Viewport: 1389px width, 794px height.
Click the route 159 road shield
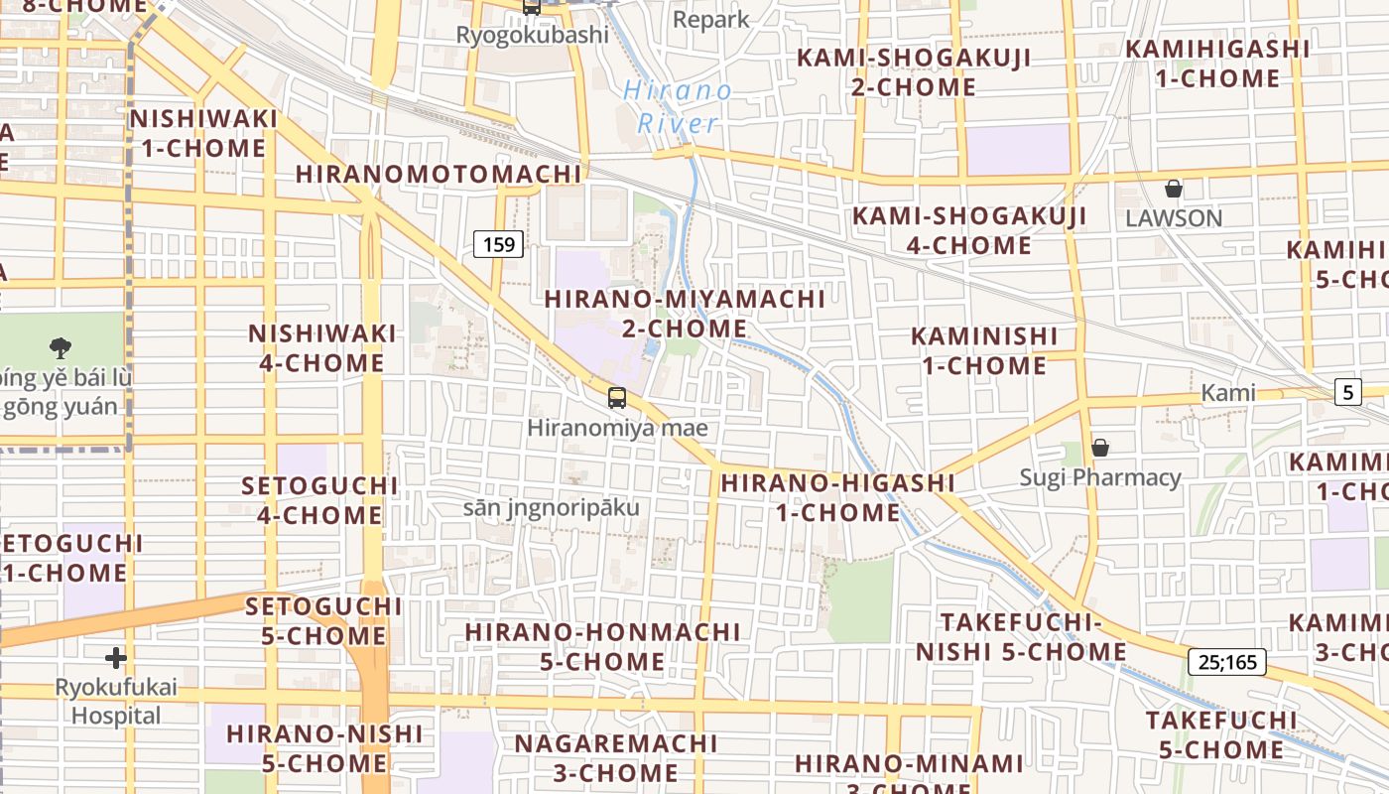point(498,244)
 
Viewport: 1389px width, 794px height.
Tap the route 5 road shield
point(1347,392)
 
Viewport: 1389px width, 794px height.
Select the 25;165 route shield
point(1226,661)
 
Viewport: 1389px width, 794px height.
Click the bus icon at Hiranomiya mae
point(617,398)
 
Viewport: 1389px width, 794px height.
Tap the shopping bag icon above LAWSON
point(1174,189)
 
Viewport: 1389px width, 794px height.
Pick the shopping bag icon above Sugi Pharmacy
point(1099,448)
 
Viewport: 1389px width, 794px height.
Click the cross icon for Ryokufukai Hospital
point(116,657)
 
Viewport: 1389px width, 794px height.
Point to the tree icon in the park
point(61,347)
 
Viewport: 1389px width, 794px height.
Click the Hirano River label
point(679,107)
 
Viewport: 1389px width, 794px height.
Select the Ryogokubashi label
point(532,35)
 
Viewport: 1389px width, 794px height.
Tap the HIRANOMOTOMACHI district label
point(439,174)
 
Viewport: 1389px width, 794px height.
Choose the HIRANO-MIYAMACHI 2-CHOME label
point(685,313)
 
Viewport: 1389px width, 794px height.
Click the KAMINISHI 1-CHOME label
point(984,350)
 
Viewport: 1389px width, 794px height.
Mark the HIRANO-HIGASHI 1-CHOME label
point(837,497)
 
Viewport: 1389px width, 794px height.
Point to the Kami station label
point(1228,392)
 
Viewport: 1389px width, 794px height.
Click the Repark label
point(711,19)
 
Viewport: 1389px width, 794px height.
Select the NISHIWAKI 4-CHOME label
point(322,347)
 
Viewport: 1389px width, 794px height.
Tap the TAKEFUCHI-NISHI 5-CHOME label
point(1021,636)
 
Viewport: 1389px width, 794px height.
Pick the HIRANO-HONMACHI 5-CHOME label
point(603,646)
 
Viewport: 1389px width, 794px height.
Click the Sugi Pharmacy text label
point(1100,477)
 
